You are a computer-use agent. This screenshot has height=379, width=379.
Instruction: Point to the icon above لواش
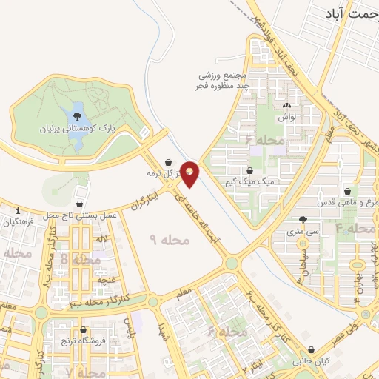286,106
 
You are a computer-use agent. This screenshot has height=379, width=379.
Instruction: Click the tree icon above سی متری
303,220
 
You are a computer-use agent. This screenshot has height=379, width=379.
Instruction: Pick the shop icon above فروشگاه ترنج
83,330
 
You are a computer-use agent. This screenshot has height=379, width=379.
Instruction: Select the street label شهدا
163,334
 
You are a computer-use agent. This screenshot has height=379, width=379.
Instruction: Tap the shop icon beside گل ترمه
169,161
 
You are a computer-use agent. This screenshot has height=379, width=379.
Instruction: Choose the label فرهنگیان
18,221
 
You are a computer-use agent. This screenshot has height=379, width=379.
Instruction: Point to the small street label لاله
102,238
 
